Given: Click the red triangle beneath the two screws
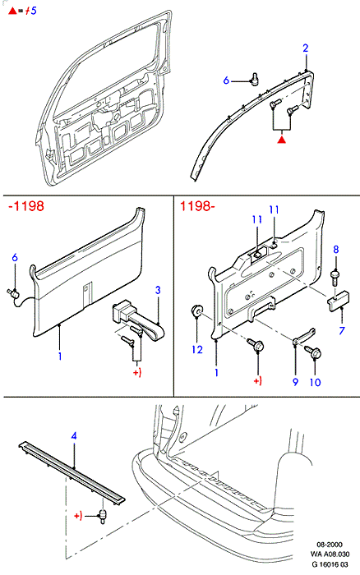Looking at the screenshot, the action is [281, 140].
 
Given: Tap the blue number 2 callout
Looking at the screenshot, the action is [306, 48].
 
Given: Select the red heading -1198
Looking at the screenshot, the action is [26, 206].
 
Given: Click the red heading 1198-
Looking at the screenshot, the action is [197, 206].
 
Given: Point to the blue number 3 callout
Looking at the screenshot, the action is [158, 290].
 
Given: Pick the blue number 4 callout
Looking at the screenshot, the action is [74, 436].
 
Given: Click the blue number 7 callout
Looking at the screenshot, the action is [342, 330].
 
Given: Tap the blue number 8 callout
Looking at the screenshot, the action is [336, 250].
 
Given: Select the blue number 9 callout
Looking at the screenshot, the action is [295, 382].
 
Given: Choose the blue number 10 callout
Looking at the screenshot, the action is [316, 382].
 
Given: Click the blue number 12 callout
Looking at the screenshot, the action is [197, 349].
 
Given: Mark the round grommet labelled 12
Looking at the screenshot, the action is [196, 311].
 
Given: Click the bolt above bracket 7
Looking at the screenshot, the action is [335, 278].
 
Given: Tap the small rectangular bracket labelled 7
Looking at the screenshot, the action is [338, 301].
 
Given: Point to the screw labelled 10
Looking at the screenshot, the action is [313, 352].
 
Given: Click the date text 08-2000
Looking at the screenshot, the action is [330, 545].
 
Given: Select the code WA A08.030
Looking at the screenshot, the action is [330, 554].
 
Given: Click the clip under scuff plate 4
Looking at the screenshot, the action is [103, 516].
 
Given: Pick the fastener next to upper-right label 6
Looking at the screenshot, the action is [254, 79].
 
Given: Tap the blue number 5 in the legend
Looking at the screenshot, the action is [34, 11].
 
